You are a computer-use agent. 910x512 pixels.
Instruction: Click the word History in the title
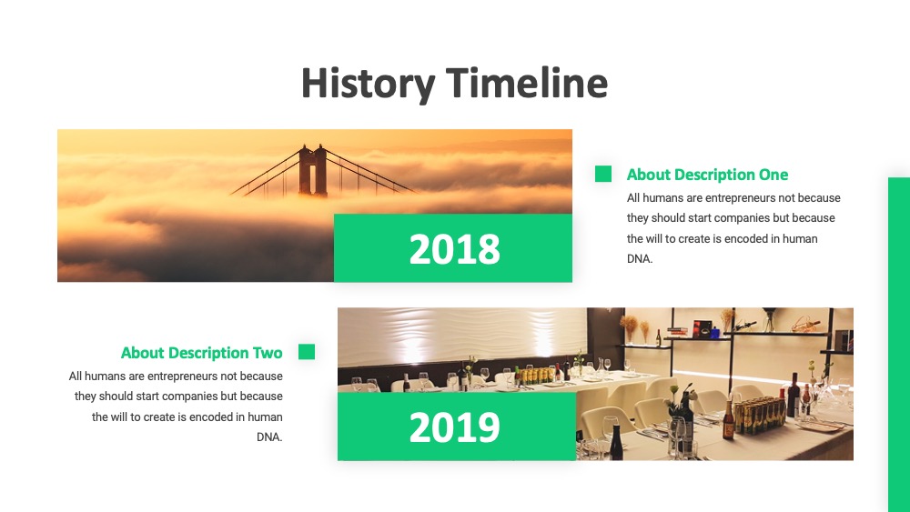[x=368, y=84]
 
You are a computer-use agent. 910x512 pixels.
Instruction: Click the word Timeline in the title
[x=527, y=83]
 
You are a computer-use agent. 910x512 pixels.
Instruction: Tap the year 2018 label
[x=454, y=249]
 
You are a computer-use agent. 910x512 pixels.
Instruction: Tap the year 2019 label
[x=454, y=428]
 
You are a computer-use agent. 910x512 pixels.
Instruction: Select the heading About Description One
[x=707, y=175]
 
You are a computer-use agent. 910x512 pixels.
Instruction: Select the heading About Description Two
[x=201, y=353]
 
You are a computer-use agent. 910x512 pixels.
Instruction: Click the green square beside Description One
[x=603, y=174]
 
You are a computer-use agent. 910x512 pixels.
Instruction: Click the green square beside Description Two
[x=307, y=352]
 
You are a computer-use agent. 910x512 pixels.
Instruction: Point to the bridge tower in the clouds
[x=313, y=170]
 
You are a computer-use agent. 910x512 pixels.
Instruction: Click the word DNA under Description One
[x=639, y=259]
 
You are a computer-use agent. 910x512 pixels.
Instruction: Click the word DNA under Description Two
[x=268, y=437]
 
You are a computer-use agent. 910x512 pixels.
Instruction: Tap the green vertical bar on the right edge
[x=899, y=345]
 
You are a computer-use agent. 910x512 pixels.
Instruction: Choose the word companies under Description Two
[x=189, y=397]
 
